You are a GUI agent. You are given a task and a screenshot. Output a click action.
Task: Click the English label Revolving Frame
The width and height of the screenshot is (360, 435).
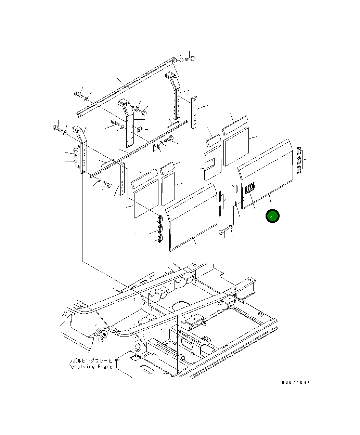(x=90, y=367)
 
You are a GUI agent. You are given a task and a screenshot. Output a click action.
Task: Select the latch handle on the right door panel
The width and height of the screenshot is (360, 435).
(x=249, y=188)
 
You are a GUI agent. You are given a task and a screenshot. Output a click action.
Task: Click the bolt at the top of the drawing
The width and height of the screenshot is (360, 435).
(x=191, y=59)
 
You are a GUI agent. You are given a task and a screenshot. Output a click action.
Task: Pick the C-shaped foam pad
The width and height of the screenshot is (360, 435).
(x=212, y=162)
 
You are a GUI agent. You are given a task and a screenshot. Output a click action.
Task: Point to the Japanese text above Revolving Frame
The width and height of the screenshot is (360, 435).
(x=90, y=361)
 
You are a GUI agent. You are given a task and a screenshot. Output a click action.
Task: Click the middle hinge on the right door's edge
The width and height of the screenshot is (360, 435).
(x=299, y=160)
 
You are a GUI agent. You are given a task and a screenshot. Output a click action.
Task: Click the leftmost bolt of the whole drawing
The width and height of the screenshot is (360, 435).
(x=57, y=129)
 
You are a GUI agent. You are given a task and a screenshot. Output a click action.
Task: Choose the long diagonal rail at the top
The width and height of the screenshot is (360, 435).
(x=130, y=86)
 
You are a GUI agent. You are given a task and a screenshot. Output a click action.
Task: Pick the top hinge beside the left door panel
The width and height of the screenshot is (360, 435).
(x=159, y=219)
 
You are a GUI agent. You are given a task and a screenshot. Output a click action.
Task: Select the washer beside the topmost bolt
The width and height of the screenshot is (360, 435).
(x=181, y=60)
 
